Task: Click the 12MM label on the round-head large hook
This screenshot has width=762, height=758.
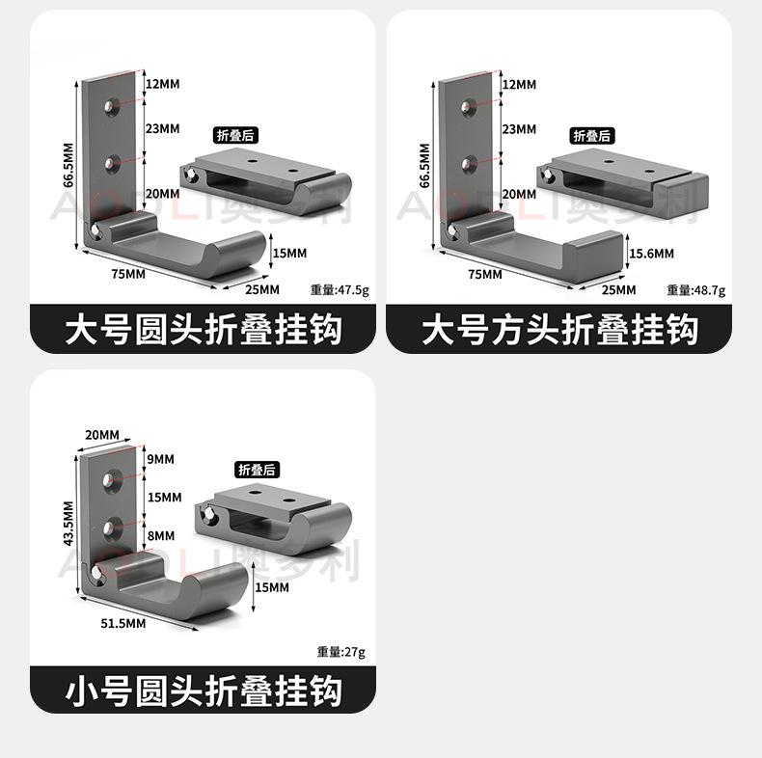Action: pyautogui.click(x=163, y=84)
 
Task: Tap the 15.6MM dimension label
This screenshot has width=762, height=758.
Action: pyautogui.click(x=652, y=254)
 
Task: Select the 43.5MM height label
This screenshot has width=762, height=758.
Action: pyautogui.click(x=68, y=524)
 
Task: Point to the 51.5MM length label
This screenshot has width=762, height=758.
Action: pyautogui.click(x=122, y=623)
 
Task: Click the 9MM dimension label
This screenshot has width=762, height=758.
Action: pyautogui.click(x=161, y=459)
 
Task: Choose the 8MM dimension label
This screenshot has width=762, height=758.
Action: pyautogui.click(x=161, y=535)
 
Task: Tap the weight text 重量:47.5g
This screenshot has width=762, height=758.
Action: pyautogui.click(x=340, y=290)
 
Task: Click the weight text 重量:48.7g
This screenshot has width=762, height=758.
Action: pyautogui.click(x=696, y=290)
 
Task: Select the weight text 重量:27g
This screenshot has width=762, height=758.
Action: pyautogui.click(x=341, y=652)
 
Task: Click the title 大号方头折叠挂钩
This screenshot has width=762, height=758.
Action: pyautogui.click(x=559, y=330)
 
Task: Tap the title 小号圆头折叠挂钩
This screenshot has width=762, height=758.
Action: pyautogui.click(x=204, y=690)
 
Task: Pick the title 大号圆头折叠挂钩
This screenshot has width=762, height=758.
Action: pyautogui.click(x=204, y=330)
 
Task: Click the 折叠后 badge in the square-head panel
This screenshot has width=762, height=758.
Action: pyautogui.click(x=592, y=136)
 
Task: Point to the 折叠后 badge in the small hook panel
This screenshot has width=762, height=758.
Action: pyautogui.click(x=257, y=470)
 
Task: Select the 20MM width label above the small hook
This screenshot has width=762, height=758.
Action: pyautogui.click(x=102, y=435)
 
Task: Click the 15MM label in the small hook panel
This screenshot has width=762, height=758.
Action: pyautogui.click(x=272, y=587)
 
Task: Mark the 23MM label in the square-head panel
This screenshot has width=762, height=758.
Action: pyautogui.click(x=520, y=129)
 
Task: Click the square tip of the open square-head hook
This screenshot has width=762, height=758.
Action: pyautogui.click(x=593, y=250)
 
